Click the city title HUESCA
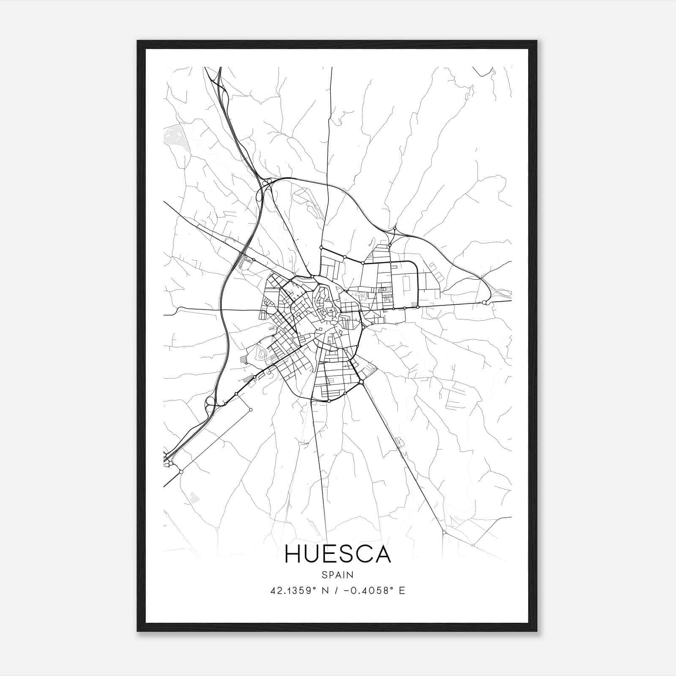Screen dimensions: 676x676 (x=338, y=554)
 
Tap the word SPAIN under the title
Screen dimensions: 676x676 (x=338, y=575)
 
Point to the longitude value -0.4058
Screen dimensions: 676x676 (x=365, y=591)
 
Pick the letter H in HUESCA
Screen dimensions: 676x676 (x=293, y=554)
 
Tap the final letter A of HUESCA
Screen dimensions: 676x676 (x=383, y=554)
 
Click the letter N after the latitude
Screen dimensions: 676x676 (x=325, y=591)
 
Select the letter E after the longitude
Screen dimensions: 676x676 (x=402, y=591)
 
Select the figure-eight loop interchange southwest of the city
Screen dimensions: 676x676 (x=210, y=403)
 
